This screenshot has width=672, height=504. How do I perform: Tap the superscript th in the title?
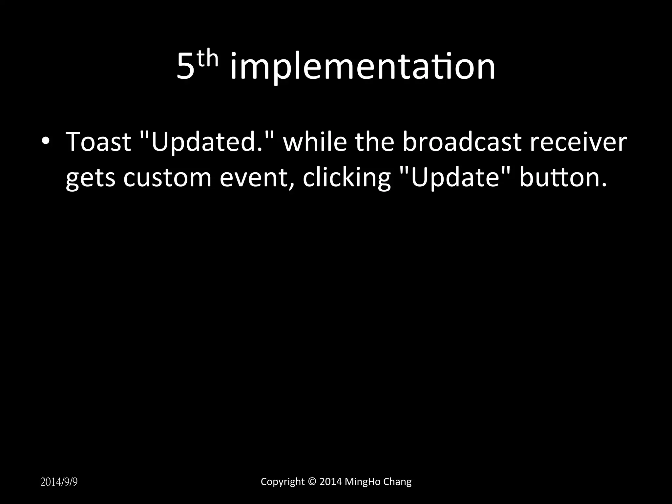coord(207,59)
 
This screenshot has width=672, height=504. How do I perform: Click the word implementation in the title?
coord(363,68)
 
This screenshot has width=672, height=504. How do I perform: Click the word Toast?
coord(98,142)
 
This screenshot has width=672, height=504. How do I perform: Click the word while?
coord(315,142)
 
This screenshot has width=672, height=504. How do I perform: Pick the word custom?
coord(167,178)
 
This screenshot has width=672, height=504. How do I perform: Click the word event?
coord(256,178)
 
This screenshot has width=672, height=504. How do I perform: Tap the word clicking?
coord(346,178)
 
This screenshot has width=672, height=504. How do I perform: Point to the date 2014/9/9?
coord(59,482)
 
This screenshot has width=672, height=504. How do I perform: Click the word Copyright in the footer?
coord(283,482)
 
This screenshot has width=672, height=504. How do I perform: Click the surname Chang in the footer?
coord(397,482)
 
